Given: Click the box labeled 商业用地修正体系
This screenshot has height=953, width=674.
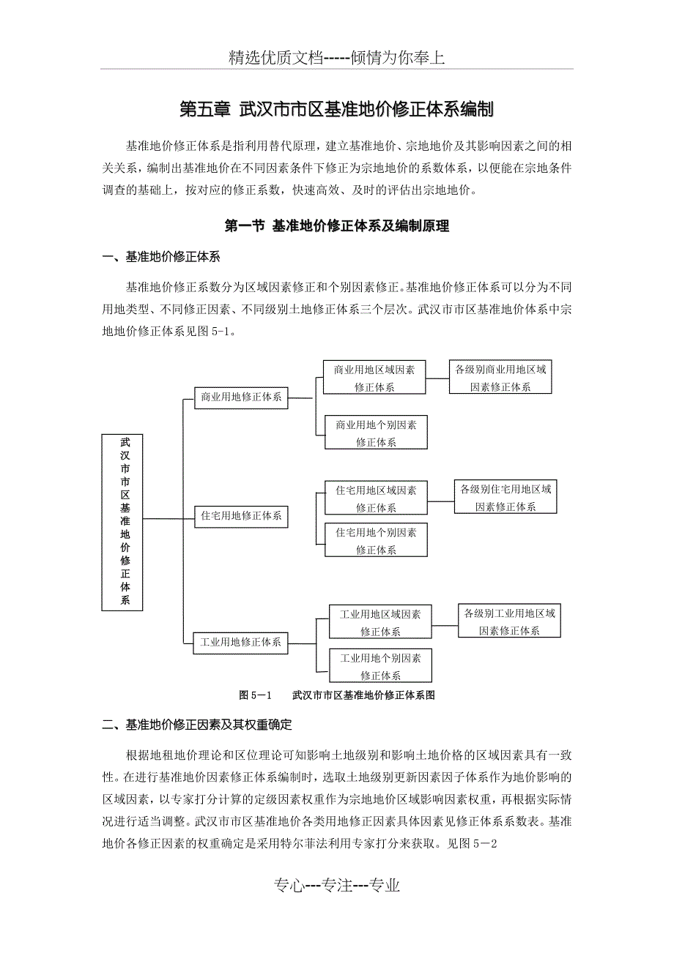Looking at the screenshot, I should point(242,397).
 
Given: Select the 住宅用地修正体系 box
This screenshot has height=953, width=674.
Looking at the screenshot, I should point(242,516).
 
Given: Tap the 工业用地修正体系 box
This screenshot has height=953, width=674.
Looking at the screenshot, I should point(241,643).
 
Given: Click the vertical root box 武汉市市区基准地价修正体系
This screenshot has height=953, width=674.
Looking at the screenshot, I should point(122,522).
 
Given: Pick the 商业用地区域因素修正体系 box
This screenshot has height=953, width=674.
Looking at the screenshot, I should point(374,378).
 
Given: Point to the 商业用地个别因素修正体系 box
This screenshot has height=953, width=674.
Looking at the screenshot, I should point(377,433).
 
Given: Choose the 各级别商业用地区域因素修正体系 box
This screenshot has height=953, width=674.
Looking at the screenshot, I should point(500,378).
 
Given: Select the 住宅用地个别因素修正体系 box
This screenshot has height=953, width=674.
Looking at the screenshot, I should point(377,541).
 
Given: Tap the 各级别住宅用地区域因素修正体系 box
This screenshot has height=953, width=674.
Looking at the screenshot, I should point(505,497).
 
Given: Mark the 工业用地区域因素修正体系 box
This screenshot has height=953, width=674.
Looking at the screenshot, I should point(380,622).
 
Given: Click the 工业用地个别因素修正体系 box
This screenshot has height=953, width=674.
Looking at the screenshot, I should point(380,666).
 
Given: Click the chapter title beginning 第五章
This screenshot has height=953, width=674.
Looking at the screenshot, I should point(336,111).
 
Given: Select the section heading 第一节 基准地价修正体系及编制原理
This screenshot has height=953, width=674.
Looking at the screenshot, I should point(336,227).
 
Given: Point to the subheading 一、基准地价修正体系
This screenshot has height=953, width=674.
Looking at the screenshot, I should point(161,257).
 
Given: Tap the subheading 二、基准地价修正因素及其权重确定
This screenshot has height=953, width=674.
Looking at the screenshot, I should point(197,725).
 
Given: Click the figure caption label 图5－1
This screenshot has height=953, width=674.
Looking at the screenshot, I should point(256,695).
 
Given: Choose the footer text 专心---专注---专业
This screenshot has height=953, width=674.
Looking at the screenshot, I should point(337,886).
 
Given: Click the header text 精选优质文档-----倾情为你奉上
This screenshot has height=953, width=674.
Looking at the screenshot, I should point(337,59).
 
